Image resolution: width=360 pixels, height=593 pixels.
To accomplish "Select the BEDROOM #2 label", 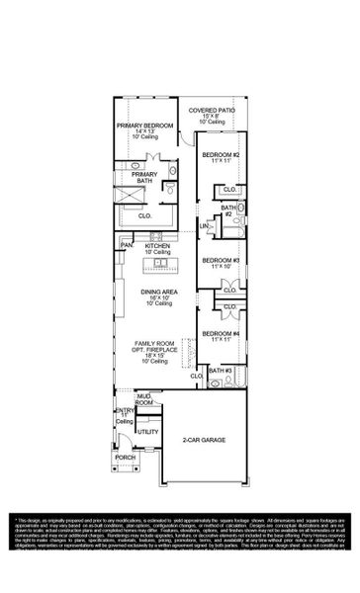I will [x=223, y=155].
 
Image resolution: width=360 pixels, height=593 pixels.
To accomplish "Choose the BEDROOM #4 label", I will [x=223, y=334].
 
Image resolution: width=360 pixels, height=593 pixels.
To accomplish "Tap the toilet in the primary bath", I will [x=170, y=191].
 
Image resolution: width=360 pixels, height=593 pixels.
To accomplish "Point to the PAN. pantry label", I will [x=127, y=245].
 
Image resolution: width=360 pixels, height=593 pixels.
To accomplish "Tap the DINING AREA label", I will [x=159, y=293].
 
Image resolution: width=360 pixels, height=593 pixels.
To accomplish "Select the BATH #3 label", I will [x=221, y=370].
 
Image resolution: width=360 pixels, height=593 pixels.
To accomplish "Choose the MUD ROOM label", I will [x=145, y=399].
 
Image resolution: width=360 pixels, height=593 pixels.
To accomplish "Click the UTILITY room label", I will [x=147, y=431].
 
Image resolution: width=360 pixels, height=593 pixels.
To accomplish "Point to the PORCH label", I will [x=126, y=458].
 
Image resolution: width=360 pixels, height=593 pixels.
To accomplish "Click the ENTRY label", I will [x=126, y=410].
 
